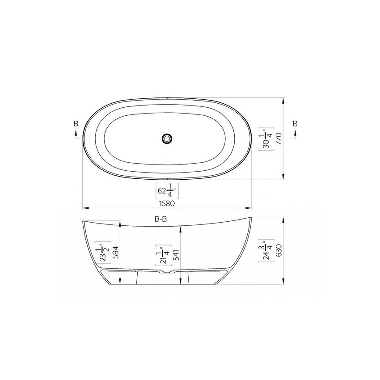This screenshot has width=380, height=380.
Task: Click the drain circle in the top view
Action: pos(167,139)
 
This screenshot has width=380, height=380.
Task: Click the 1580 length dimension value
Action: pos(167,203)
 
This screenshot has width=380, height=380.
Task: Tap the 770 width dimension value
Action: pos(279,139)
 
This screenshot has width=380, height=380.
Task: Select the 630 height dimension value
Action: pos(279,250)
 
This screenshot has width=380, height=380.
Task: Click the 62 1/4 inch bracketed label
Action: pos(167,191)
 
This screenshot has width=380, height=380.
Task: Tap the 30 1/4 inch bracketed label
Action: pos(266,139)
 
